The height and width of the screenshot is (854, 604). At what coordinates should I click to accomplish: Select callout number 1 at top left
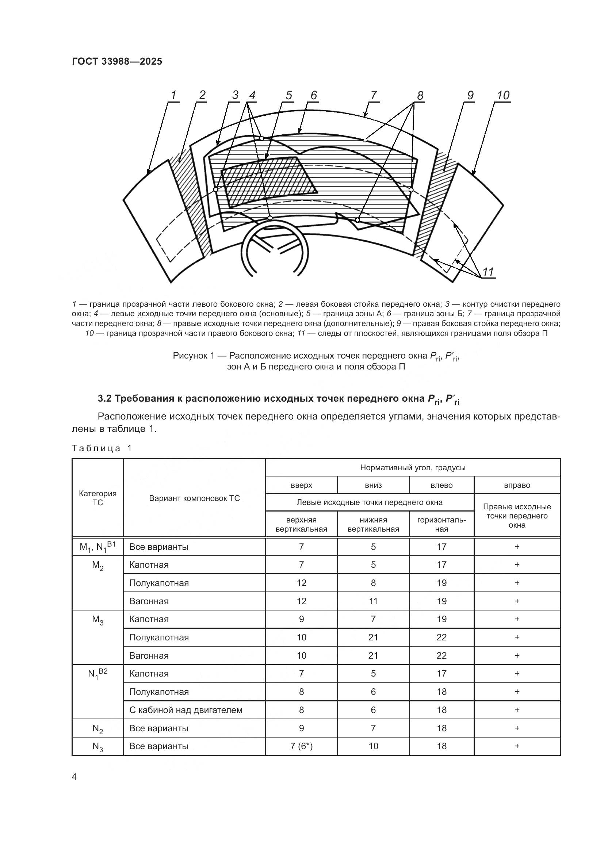[173, 95]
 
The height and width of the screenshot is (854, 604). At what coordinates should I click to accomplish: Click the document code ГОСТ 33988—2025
[117, 61]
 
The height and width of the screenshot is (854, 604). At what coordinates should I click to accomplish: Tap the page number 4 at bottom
[74, 777]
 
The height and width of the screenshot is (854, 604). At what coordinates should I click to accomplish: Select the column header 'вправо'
[517, 485]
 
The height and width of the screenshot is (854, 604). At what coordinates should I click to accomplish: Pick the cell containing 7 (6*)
[301, 746]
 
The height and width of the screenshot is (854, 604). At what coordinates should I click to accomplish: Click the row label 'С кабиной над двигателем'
[186, 710]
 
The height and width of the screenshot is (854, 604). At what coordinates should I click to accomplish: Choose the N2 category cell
[98, 728]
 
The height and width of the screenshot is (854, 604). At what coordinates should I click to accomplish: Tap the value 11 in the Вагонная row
[373, 601]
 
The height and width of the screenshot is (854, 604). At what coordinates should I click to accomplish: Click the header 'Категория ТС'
[98, 498]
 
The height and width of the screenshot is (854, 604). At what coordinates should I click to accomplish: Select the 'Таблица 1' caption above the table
[102, 448]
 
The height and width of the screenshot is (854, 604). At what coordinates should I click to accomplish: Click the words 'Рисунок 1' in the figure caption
[194, 356]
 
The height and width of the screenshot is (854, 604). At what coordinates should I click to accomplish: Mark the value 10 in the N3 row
[373, 746]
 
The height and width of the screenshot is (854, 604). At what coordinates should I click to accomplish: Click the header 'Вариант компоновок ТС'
[194, 498]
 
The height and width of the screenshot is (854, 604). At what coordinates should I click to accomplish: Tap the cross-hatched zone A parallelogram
[268, 182]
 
